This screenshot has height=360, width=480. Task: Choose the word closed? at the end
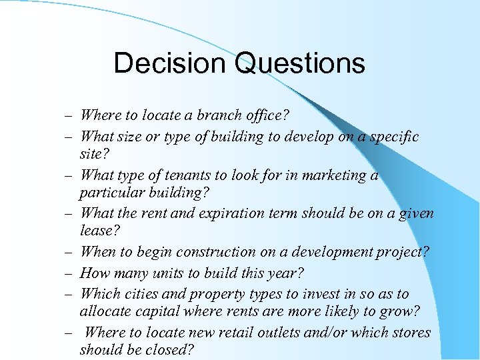point(175,349)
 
